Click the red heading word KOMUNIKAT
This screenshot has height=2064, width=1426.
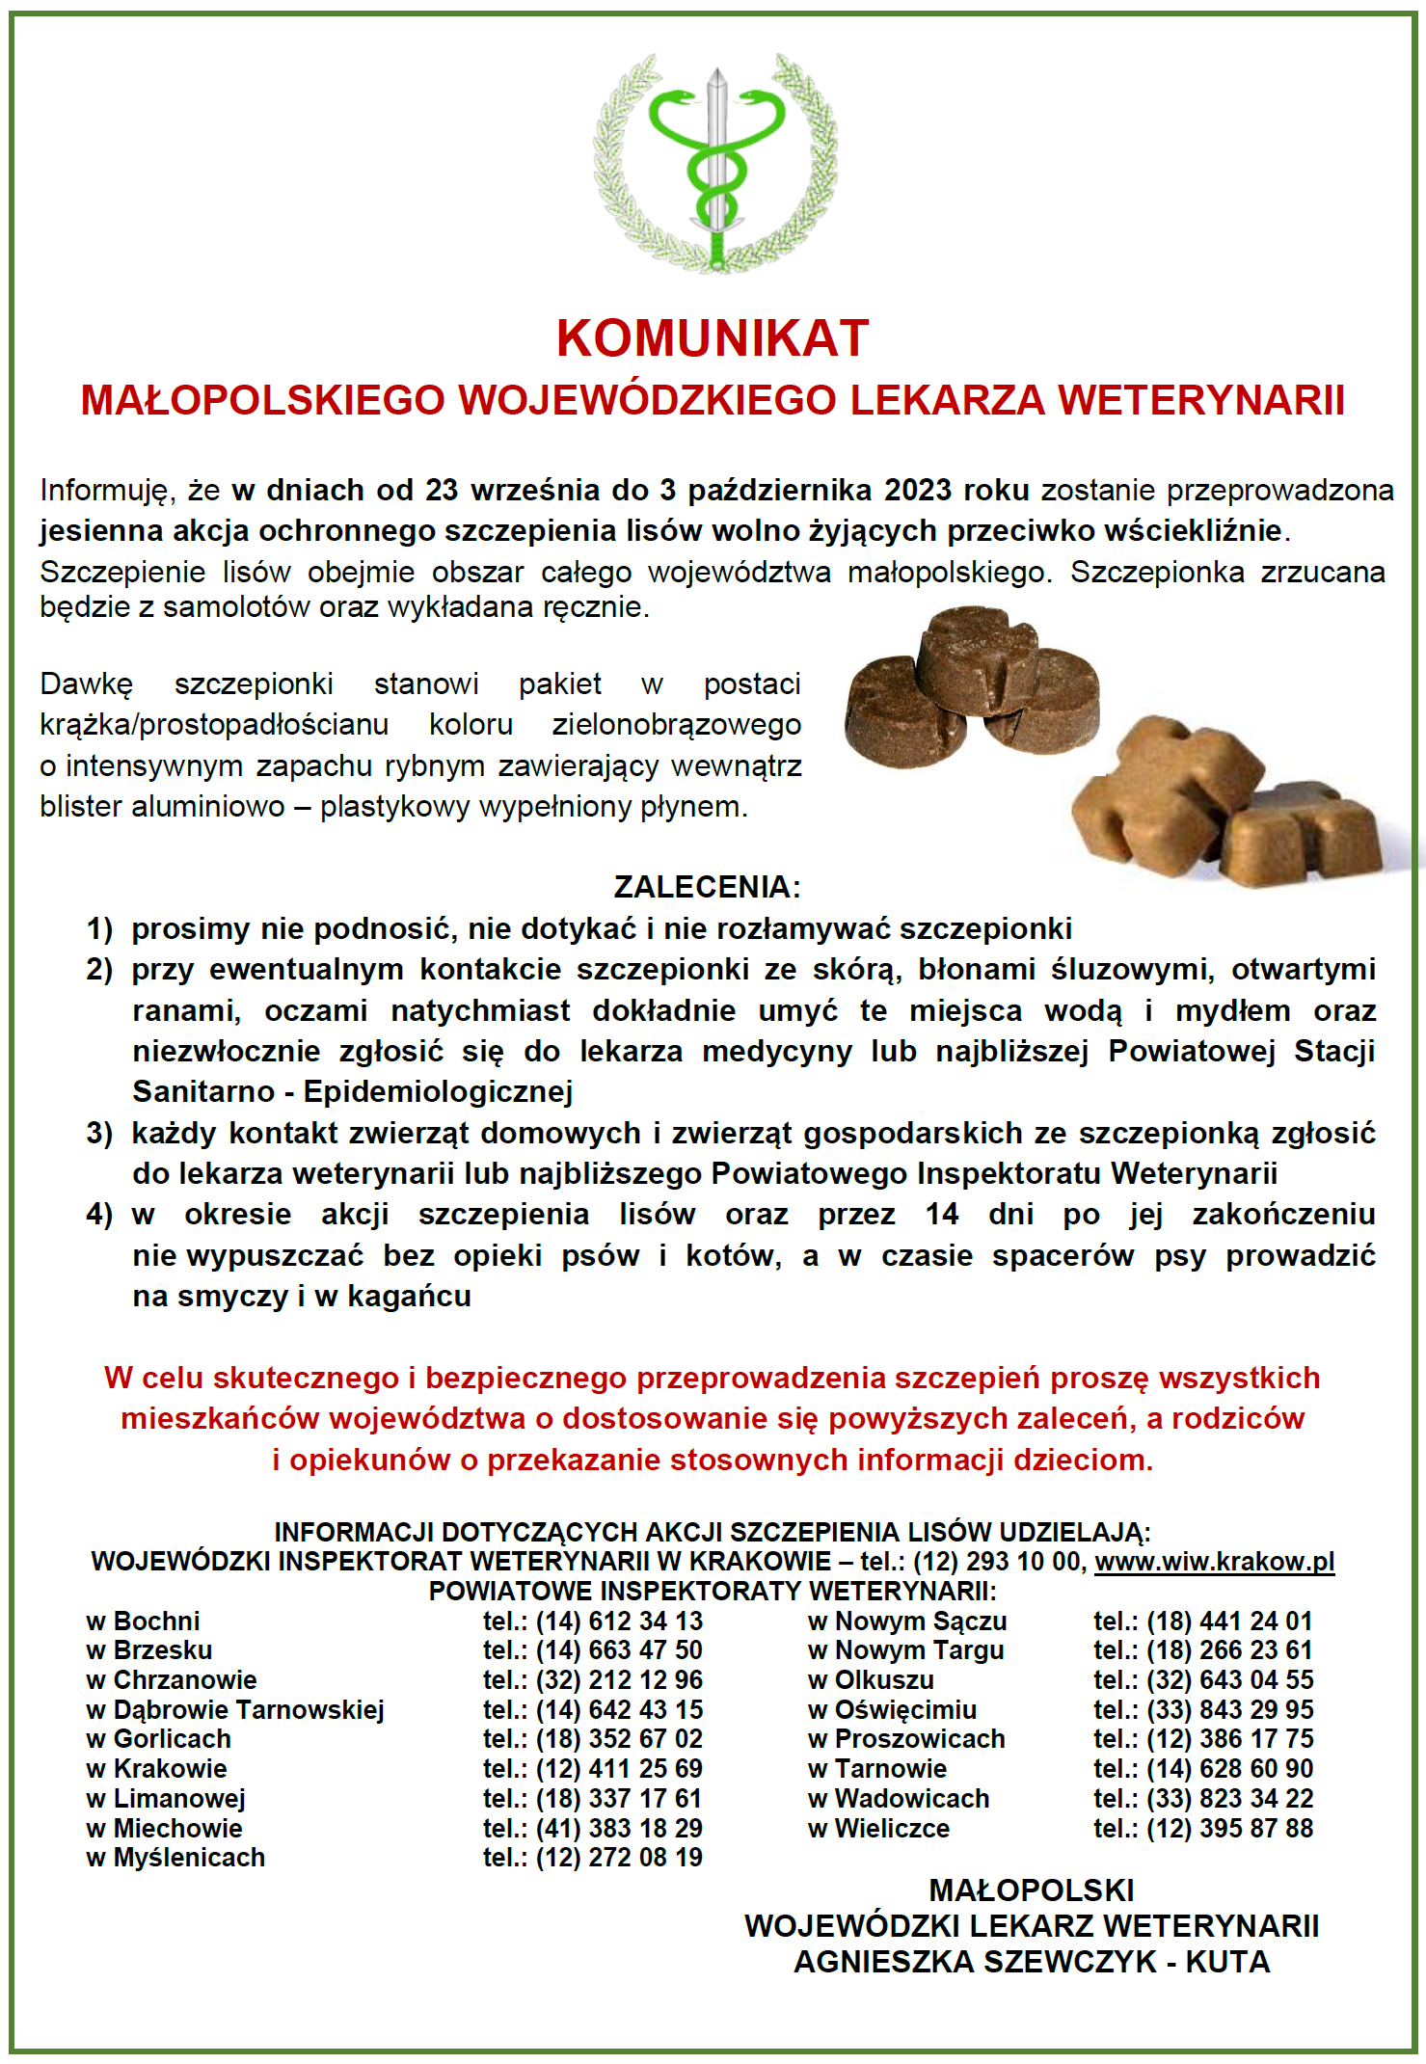[713, 338]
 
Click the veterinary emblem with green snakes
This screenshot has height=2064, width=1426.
[714, 164]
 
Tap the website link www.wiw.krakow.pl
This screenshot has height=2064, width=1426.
[1214, 1561]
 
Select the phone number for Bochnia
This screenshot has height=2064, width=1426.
[618, 1622]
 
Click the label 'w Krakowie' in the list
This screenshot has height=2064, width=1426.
[156, 1769]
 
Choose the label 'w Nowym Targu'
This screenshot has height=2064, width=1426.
[906, 1650]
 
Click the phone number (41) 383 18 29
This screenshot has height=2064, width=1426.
[618, 1829]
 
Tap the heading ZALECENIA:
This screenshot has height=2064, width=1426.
[707, 887]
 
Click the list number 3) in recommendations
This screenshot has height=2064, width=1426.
[99, 1133]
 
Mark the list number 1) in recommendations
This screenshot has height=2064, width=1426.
[99, 928]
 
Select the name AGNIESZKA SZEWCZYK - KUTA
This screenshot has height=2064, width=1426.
[1032, 1962]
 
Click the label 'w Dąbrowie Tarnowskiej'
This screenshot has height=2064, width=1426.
[235, 1710]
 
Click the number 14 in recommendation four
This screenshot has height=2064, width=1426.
[942, 1214]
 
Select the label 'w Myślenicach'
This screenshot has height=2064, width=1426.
[175, 1858]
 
